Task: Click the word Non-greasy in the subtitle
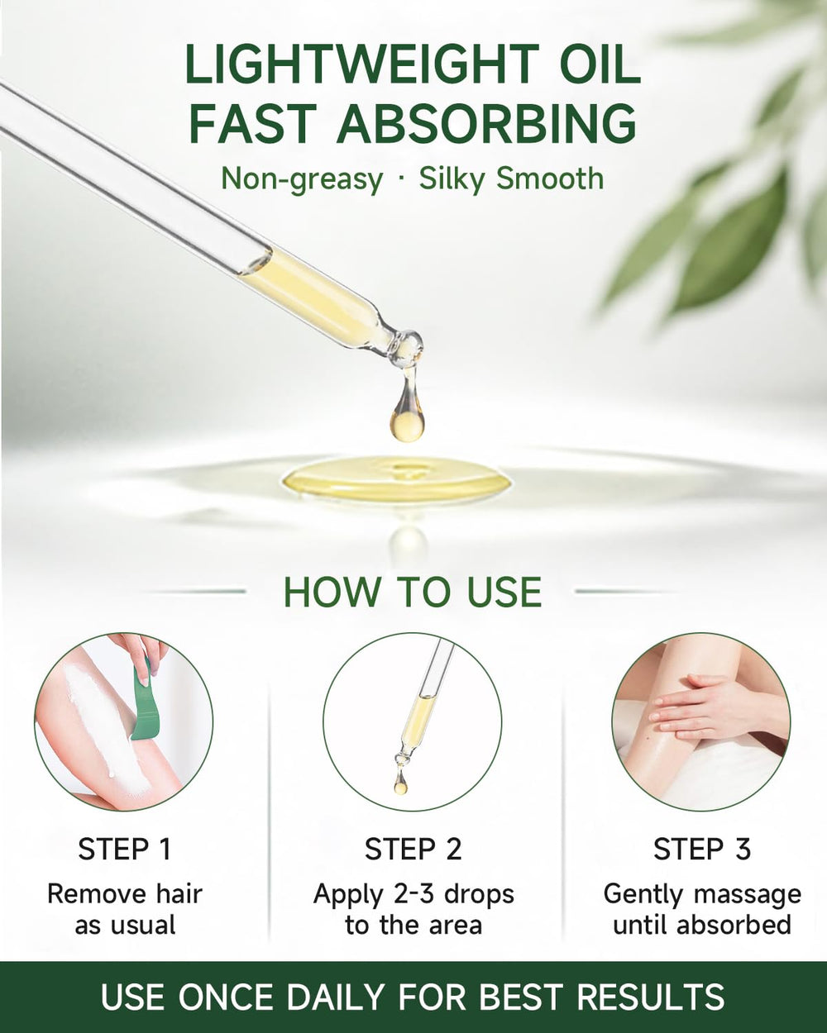302,179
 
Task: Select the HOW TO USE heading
413,593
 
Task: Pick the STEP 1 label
124,850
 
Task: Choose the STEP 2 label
413,850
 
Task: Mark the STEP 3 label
702,850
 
